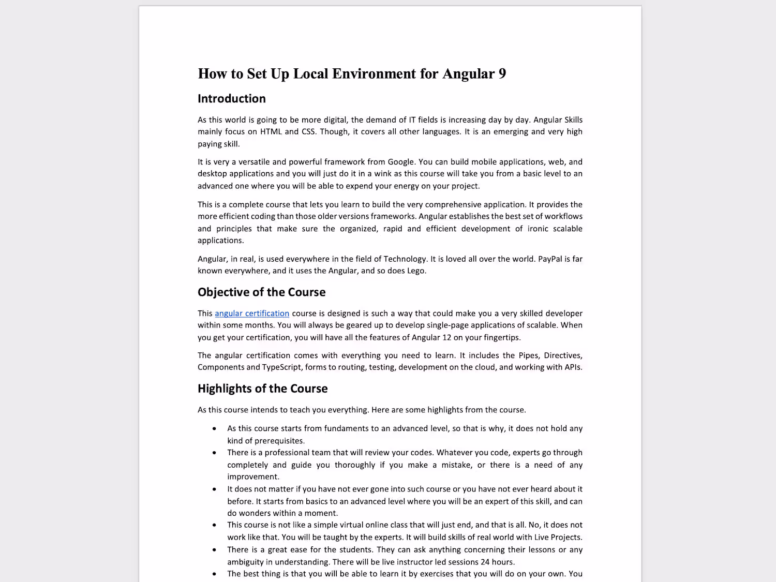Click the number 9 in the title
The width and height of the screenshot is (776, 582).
pos(502,74)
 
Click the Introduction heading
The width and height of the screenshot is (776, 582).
pos(231,99)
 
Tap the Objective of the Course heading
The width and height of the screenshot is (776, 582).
pos(261,292)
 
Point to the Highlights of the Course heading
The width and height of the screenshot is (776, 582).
pos(262,389)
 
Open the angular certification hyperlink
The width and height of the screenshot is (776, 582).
pos(252,314)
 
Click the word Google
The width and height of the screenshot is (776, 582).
pos(400,162)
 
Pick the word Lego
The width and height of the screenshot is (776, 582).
pos(415,271)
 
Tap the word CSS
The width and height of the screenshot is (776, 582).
pos(308,132)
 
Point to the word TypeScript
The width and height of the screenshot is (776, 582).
pos(281,367)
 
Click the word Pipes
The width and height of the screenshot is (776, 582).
pos(529,355)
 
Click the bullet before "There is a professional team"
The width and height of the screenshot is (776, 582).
pos(214,453)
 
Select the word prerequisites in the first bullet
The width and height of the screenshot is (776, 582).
pos(279,441)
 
